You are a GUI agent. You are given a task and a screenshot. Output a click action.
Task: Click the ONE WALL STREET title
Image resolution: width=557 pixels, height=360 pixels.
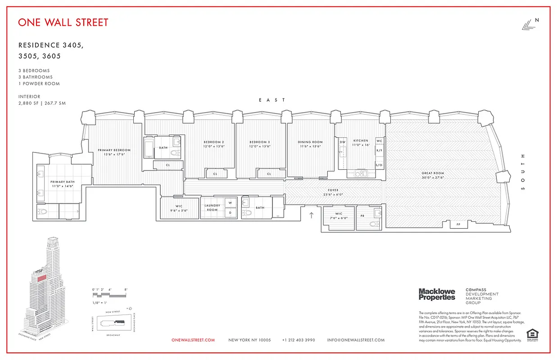63,22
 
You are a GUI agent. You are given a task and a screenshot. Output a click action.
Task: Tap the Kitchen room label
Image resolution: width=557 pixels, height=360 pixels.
361,140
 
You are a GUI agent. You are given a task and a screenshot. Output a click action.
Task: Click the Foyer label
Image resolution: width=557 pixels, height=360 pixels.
333,190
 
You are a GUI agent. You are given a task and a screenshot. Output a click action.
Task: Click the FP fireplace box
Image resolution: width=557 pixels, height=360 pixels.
458,224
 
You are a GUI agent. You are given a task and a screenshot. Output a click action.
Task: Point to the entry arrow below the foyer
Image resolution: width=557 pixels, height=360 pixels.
311,216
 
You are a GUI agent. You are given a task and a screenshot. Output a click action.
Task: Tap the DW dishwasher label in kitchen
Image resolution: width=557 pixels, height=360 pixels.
343,142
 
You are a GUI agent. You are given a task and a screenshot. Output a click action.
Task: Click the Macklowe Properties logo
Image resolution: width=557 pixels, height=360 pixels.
437,294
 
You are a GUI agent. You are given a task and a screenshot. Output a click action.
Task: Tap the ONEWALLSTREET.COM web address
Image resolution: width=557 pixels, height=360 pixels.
193,340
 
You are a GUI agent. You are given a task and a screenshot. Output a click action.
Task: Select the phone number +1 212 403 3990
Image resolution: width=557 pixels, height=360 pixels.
299,340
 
